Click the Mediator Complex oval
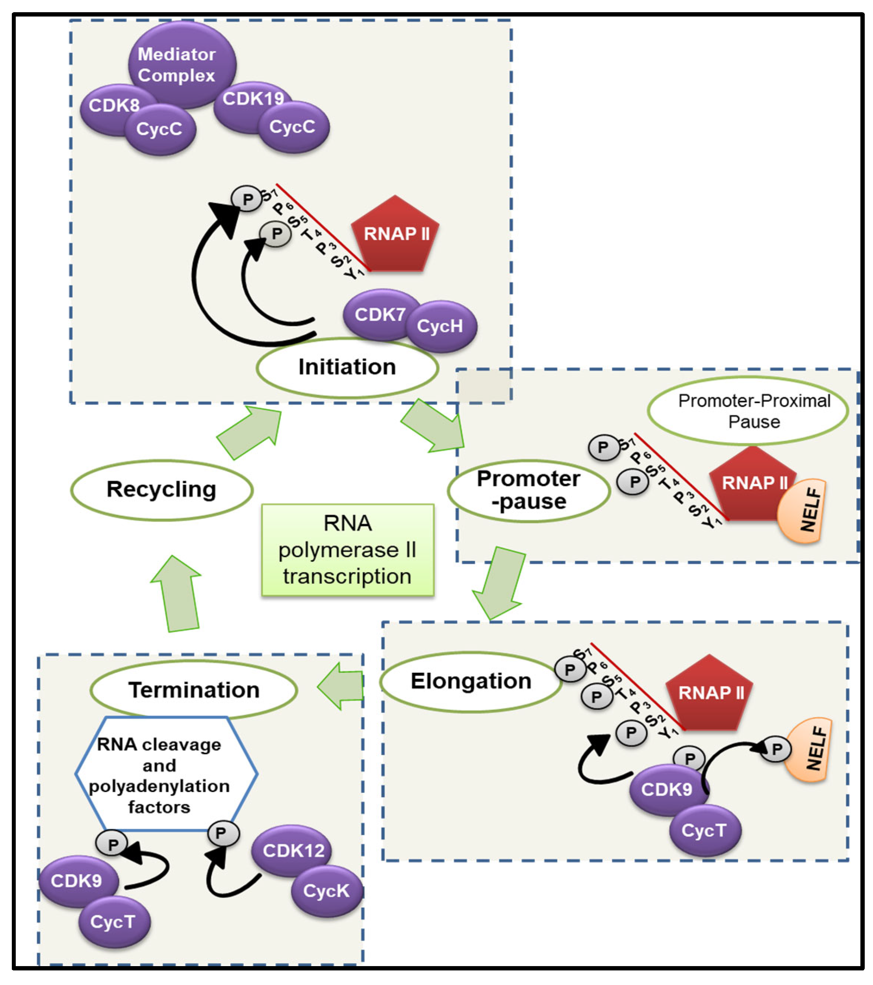click(x=182, y=64)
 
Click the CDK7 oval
click(x=381, y=315)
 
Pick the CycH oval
click(x=441, y=326)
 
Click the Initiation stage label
click(x=347, y=367)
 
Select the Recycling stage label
click(x=161, y=490)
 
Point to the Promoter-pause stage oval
click(x=529, y=491)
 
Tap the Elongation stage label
click(x=471, y=681)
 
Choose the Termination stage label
click(x=194, y=690)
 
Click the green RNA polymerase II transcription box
click(x=348, y=550)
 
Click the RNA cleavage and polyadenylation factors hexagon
click(x=166, y=774)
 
